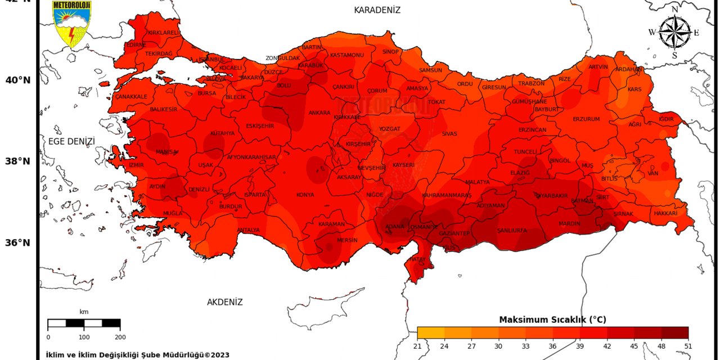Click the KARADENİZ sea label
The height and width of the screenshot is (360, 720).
tap(377, 10)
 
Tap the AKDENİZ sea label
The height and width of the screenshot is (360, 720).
tap(224, 302)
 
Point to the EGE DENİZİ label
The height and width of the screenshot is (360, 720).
tap(71, 141)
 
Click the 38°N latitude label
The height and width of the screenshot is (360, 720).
tap(18, 161)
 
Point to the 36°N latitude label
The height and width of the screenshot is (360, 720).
tap(18, 242)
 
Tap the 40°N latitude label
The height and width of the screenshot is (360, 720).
tap(18, 80)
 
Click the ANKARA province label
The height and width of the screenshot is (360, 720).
tap(319, 113)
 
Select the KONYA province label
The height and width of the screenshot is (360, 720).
tap(305, 195)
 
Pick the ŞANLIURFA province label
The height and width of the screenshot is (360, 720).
tap(512, 231)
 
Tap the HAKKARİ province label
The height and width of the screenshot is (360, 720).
tap(665, 214)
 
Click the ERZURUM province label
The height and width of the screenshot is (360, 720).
tap(586, 119)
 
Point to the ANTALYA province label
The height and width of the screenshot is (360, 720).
tap(248, 230)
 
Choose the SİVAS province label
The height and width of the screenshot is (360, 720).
tap(449, 134)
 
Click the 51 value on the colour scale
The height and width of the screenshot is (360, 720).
tap(688, 346)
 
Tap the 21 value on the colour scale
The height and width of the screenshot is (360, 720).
tap(417, 346)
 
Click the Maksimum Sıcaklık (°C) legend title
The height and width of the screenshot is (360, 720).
tap(552, 319)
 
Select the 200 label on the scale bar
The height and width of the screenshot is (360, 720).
tap(120, 337)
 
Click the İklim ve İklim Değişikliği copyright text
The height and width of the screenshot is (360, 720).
tap(137, 355)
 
